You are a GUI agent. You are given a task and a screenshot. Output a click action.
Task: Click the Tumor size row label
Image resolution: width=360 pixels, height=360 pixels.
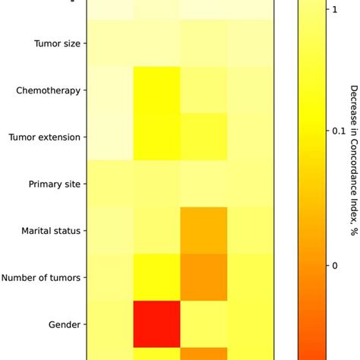click(57, 44)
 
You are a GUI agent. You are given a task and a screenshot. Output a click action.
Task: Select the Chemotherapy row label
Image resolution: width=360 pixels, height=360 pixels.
click(48, 91)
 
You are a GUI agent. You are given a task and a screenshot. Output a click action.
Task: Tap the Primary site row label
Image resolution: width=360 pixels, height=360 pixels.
click(54, 185)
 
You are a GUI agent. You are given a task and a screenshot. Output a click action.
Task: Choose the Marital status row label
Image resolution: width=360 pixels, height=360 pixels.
click(52, 231)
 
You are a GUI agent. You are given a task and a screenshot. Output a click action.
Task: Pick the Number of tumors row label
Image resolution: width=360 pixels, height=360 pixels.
click(41, 277)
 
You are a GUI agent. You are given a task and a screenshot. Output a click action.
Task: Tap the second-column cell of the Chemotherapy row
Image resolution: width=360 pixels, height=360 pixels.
click(157, 91)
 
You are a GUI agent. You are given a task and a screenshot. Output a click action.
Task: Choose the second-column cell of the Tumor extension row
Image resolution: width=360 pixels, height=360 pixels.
click(157, 137)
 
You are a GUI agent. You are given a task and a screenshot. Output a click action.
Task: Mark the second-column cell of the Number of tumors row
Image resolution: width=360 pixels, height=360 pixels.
click(157, 277)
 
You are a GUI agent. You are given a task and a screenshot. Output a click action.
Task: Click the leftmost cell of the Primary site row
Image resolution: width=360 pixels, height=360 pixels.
click(110, 185)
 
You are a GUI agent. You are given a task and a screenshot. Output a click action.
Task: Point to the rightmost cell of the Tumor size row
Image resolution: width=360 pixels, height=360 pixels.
click(251, 44)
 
